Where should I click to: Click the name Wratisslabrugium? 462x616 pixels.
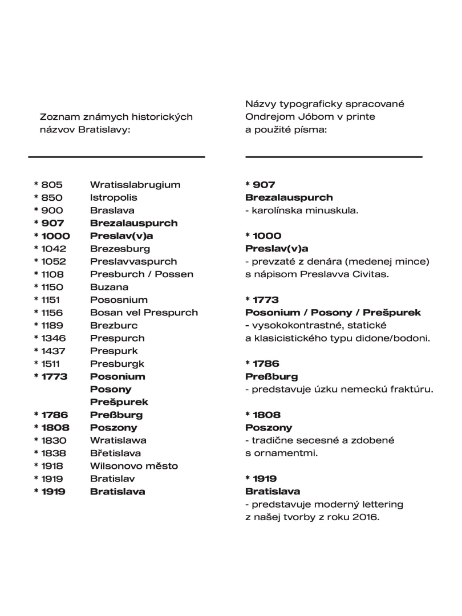(135, 185)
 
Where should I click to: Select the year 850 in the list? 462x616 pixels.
(52, 197)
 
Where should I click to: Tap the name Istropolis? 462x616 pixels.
(114, 197)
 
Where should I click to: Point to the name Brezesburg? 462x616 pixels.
(120, 249)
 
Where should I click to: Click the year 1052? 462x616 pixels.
(53, 261)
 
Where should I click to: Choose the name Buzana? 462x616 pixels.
(109, 287)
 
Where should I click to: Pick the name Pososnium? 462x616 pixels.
(119, 299)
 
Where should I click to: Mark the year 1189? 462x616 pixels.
(52, 325)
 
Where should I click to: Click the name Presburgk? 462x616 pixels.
(117, 363)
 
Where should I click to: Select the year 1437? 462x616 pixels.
(52, 351)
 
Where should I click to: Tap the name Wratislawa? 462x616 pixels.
(118, 440)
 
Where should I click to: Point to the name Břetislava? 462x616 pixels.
(116, 453)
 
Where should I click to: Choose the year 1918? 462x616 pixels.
(52, 466)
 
